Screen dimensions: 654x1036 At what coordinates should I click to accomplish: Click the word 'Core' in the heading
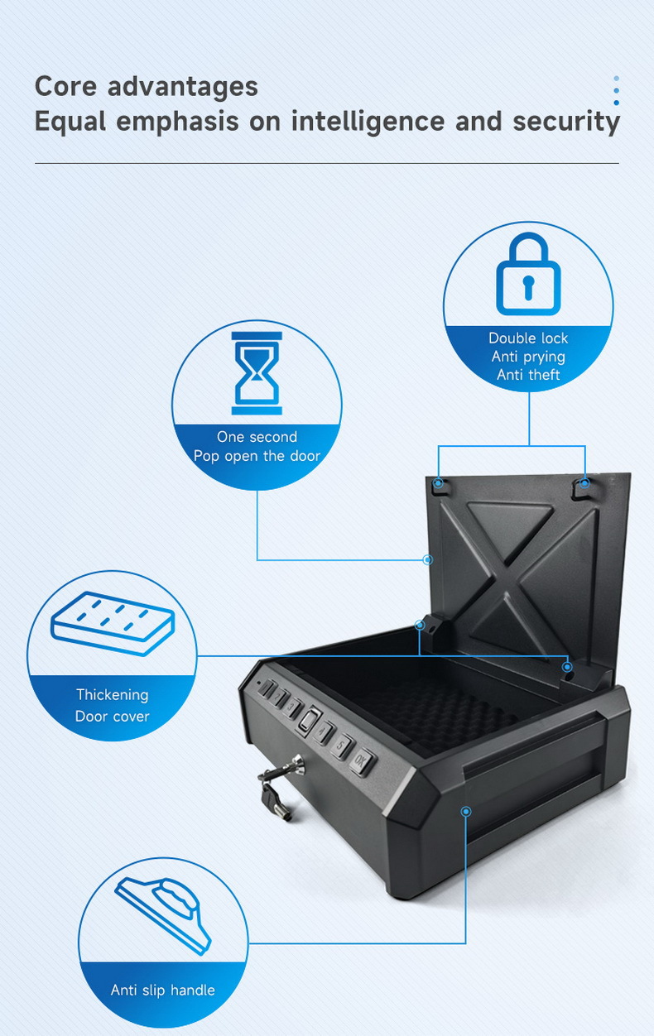tap(64, 86)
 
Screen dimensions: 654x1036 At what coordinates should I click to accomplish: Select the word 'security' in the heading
tap(565, 122)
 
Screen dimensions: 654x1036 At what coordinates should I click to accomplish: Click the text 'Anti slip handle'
tap(163, 990)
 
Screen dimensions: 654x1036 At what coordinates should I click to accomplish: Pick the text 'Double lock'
tap(528, 338)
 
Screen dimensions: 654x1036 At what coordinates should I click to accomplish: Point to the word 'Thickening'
tap(113, 694)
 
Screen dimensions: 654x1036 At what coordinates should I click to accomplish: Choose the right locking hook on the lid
tap(583, 483)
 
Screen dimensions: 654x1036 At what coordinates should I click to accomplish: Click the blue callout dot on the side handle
tap(466, 812)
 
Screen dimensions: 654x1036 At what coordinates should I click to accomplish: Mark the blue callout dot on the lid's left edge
tap(428, 560)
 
